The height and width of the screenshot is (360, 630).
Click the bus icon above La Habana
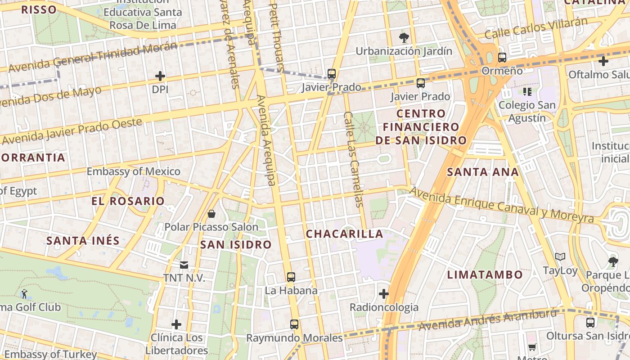tap(291, 277)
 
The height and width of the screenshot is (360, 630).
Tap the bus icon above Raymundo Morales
tap(294, 324)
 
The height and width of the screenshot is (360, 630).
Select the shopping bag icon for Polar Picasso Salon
tap(211, 213)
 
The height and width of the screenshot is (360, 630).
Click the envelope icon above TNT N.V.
tap(184, 265)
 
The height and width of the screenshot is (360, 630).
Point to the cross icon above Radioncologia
tap(383, 294)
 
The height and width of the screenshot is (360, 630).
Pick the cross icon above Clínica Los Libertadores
tap(176, 324)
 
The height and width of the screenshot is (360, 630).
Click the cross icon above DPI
tap(160, 76)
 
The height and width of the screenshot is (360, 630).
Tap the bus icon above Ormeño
tap(502, 58)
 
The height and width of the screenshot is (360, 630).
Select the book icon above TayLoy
tap(560, 257)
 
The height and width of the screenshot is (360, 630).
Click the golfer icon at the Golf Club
tap(24, 294)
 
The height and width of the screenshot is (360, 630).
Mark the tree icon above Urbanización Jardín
tap(404, 37)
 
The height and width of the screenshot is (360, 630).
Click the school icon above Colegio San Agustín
tap(527, 92)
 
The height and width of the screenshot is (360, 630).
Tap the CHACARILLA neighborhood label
tap(345, 234)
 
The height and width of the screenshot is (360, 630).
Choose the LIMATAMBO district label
tap(485, 274)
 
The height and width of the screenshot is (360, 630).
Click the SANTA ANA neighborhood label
tap(483, 171)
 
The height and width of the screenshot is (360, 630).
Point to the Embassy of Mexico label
tap(133, 171)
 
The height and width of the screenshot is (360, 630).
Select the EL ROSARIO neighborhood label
tap(128, 201)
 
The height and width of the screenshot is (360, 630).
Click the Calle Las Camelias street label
tap(354, 159)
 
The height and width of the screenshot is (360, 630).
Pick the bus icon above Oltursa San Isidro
tap(590, 322)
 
